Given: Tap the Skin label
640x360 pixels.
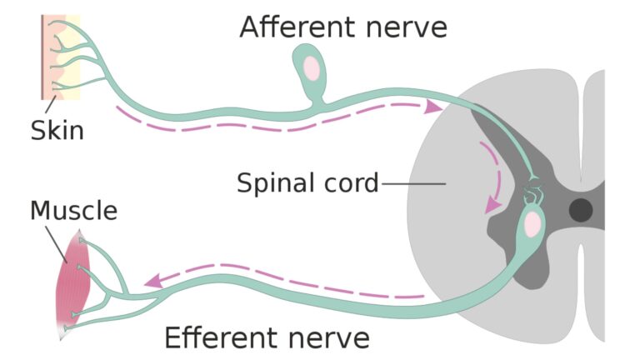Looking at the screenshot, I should pos(57,131).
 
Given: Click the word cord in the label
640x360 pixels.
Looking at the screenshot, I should pos(350,182).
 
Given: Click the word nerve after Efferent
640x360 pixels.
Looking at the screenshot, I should pos(326,338).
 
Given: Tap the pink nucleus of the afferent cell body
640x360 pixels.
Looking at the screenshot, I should pos(312,67).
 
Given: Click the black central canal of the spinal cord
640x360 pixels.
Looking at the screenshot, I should pos(581,210).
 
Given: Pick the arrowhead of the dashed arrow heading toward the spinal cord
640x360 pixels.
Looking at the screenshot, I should pos(433,107).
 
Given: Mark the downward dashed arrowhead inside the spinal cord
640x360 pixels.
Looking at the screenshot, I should pos(493,202).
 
